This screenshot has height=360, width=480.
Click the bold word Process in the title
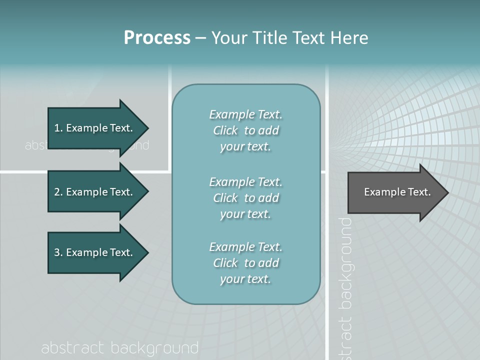(x=157, y=37)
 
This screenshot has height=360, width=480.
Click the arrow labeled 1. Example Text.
(x=95, y=128)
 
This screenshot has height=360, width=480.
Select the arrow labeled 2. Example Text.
(x=95, y=192)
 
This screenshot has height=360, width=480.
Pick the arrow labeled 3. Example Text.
(x=95, y=252)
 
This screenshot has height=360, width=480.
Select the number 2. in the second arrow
(x=58, y=192)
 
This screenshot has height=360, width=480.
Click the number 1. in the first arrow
(x=58, y=128)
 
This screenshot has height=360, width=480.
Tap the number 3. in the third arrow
(x=58, y=252)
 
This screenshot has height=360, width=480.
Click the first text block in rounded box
(x=245, y=130)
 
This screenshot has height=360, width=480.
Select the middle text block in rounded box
(x=245, y=198)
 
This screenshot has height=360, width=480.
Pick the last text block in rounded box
(x=245, y=263)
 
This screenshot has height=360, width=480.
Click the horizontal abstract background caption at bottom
(x=120, y=348)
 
